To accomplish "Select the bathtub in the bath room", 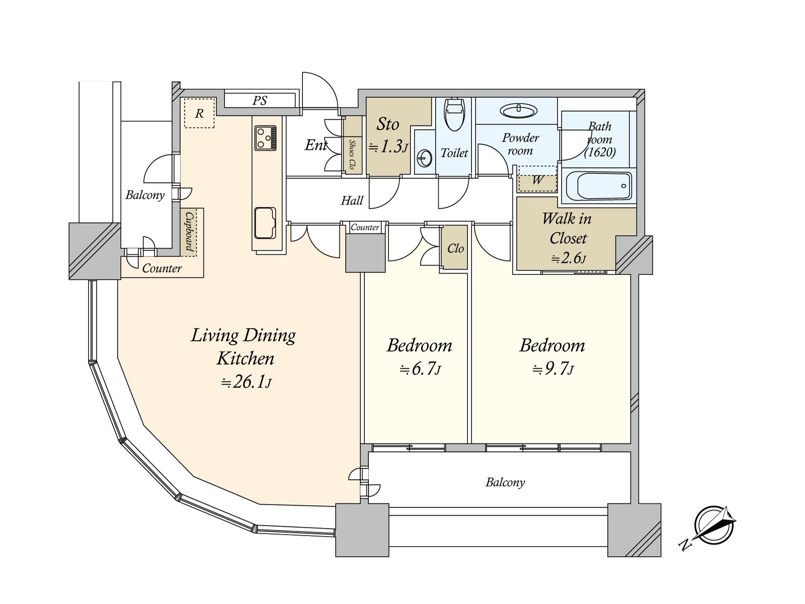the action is click(x=599, y=186).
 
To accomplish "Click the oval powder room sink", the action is click(x=519, y=111).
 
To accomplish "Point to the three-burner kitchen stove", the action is click(x=266, y=138).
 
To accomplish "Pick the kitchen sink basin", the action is click(x=265, y=222).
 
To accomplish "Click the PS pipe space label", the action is click(x=260, y=101).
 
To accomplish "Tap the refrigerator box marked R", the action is click(x=199, y=113).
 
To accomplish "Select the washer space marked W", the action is click(x=537, y=179).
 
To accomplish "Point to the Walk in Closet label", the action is click(x=568, y=228).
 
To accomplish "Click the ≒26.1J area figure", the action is click(x=246, y=383).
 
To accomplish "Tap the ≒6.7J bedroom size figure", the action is click(x=420, y=369).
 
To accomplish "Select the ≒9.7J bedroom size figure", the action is click(x=552, y=369).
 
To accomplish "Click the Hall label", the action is click(x=352, y=200).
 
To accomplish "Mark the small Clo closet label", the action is click(x=455, y=249).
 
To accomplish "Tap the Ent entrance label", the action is click(x=315, y=145).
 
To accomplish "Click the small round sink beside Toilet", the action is click(x=424, y=159).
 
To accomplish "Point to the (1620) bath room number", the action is click(x=600, y=152).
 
